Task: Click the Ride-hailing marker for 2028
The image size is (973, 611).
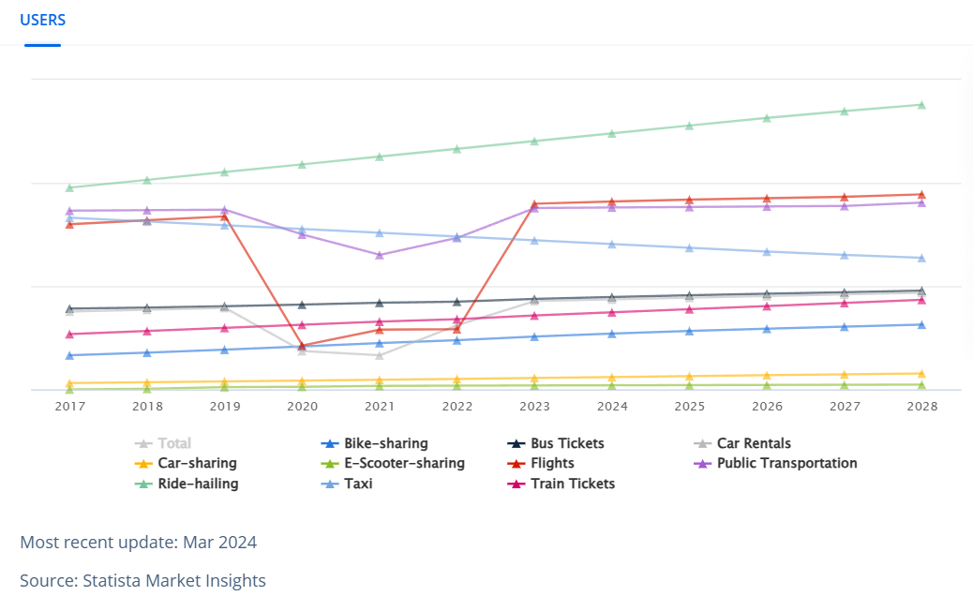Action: [921, 105]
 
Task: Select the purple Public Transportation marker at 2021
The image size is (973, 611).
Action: [380, 255]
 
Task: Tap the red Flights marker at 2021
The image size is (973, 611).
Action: [380, 330]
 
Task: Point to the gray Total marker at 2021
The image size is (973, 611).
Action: [380, 355]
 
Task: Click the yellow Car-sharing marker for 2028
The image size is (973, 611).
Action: [921, 374]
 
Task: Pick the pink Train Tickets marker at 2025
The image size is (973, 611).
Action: [689, 309]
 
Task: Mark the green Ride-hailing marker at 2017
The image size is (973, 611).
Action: [69, 187]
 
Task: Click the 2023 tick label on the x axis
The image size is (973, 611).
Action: [534, 407]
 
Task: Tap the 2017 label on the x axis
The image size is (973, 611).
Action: [69, 407]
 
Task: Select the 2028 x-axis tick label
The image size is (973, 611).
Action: [921, 407]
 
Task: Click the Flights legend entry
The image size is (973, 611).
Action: [552, 463]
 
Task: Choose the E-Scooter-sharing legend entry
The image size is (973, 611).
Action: [404, 463]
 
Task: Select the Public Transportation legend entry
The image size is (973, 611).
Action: [786, 463]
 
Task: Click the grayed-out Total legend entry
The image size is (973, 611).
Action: [173, 443]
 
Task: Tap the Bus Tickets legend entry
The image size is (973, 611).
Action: [566, 443]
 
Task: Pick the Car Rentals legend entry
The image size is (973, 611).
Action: [754, 443]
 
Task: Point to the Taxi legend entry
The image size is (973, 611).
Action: [357, 484]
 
